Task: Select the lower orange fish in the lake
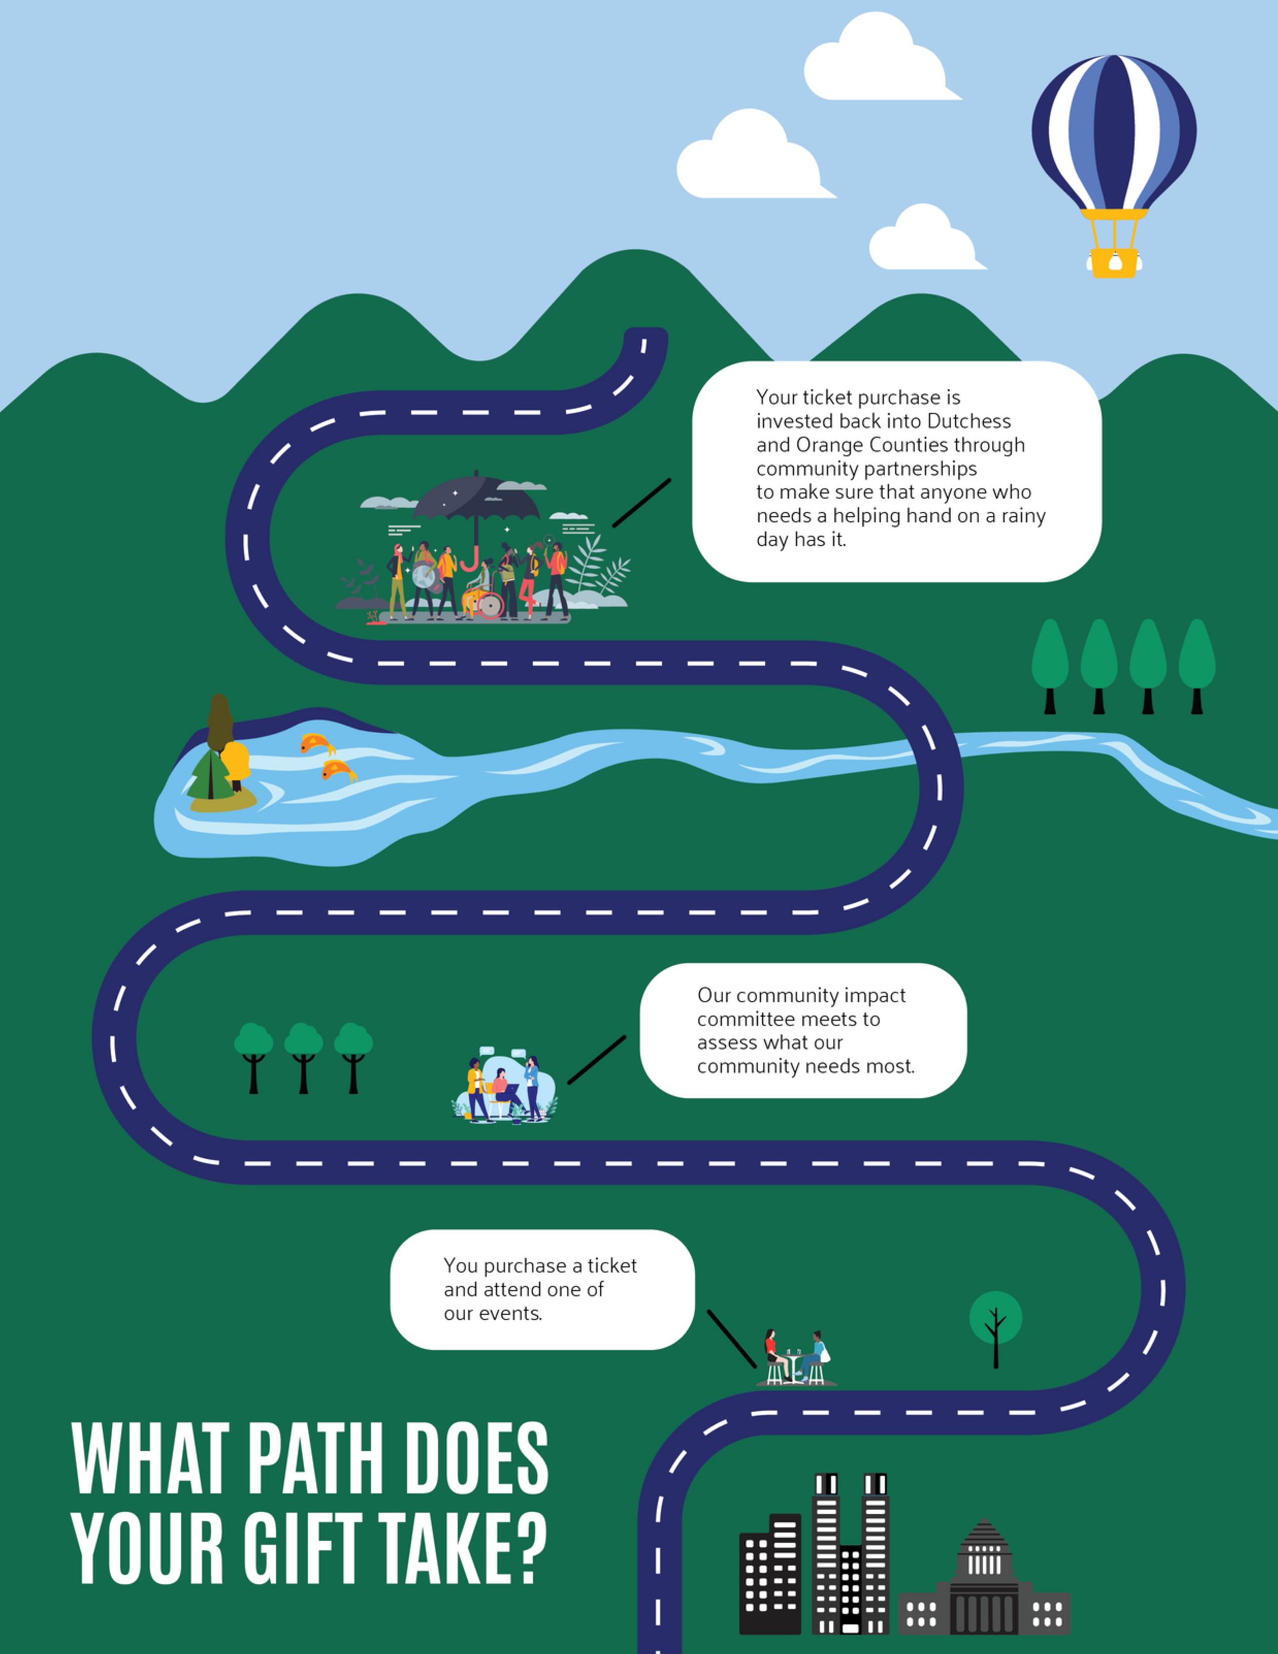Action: click(338, 771)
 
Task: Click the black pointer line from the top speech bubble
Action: click(642, 503)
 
